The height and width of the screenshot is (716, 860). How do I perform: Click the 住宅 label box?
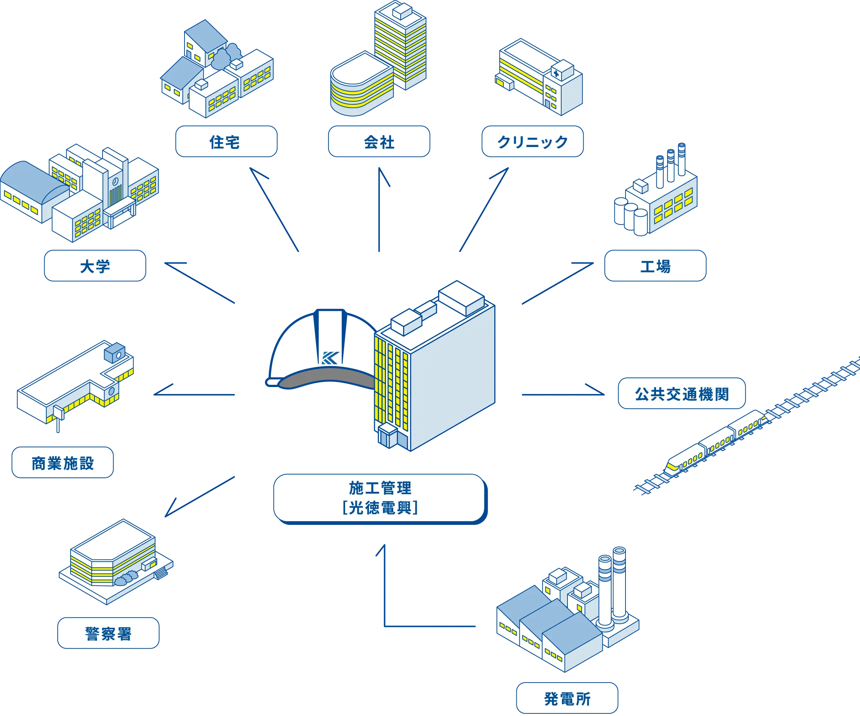coord(226,142)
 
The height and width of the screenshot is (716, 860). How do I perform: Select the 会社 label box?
coord(379,142)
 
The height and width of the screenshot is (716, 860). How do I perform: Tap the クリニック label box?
coord(533,142)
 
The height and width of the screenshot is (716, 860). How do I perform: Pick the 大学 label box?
coord(95,266)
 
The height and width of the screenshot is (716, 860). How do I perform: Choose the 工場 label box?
coord(655,266)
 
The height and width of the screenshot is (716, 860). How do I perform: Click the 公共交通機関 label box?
coord(681,394)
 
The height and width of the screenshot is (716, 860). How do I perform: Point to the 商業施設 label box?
coord(62,463)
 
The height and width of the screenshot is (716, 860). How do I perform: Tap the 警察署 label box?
coord(108,633)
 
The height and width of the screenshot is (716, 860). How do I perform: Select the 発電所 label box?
coord(567,698)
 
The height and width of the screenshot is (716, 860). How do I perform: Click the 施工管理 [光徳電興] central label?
coord(379,498)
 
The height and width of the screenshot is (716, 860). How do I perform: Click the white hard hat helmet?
coord(319,348)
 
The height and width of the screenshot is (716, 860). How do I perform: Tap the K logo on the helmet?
coord(330,358)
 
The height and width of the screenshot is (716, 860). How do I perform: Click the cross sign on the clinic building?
coord(556,73)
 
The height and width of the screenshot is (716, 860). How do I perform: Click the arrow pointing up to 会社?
coord(379,209)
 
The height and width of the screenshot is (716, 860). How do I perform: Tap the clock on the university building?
coord(116,180)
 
